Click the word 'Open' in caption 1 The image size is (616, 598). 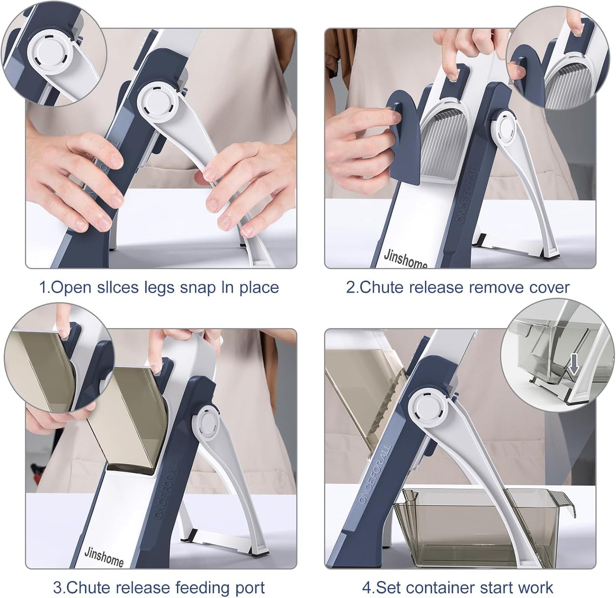pos(72,288)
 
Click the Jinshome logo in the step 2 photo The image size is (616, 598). pos(405,258)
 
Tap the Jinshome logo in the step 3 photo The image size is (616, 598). pos(104,555)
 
